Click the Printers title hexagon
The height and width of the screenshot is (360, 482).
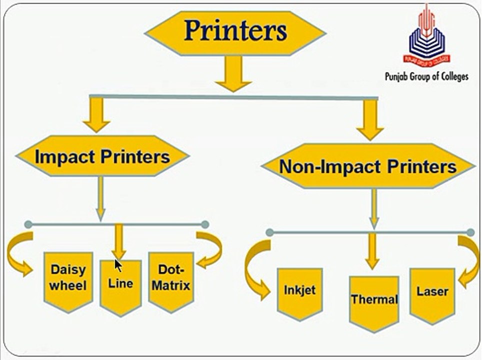(x=235, y=33)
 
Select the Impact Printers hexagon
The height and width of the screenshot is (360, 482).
(x=102, y=156)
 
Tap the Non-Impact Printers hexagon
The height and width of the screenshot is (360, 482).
(x=368, y=166)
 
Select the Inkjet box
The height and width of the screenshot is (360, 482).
(x=299, y=294)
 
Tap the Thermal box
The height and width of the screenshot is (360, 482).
(x=374, y=303)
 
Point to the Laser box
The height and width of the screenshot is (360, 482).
(x=432, y=295)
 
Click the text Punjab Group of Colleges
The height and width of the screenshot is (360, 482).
(x=426, y=76)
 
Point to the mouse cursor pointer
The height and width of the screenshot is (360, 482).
(x=117, y=265)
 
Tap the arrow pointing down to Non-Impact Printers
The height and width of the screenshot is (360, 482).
(x=370, y=120)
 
